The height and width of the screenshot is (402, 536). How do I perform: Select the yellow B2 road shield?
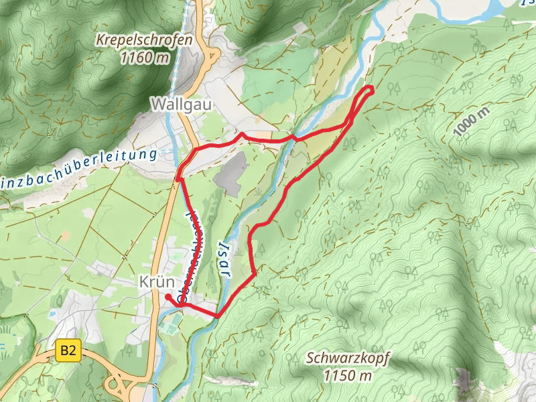pos(67,349)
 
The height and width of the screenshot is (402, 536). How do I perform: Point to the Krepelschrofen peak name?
pos(143,40)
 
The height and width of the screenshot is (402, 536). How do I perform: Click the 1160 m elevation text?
pos(145,58)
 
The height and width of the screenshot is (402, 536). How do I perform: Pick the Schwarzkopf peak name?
pos(348,358)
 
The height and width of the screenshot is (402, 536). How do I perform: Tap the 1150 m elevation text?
pos(347,375)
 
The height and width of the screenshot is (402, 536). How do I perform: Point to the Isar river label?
pos(222,261)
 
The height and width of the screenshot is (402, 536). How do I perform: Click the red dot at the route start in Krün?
pos(167,295)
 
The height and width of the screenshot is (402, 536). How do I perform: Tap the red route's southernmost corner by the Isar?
pos(218,316)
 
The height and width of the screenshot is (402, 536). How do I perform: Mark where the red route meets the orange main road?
pos(178,178)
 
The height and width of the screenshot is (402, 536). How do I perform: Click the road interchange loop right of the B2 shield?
pos(119,384)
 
